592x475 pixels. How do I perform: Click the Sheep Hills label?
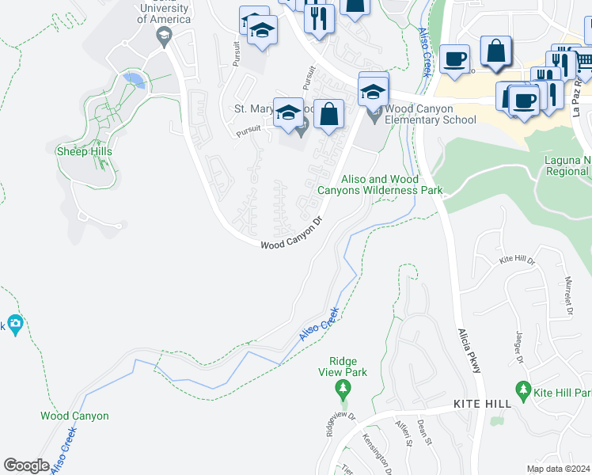click(x=83, y=151)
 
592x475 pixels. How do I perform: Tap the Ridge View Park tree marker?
click(x=342, y=389)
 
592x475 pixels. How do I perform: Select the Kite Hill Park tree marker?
click(x=522, y=390)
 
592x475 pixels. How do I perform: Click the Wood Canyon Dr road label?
click(x=293, y=234)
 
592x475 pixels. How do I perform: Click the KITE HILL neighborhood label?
click(x=482, y=404)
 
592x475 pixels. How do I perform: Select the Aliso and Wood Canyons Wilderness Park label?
click(x=381, y=184)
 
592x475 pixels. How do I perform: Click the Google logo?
click(x=26, y=465)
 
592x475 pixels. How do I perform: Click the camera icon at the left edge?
click(x=14, y=324)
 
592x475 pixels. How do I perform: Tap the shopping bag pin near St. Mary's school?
click(x=328, y=114)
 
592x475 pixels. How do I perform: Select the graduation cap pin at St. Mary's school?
click(x=289, y=114)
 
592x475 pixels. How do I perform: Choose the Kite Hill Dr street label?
click(x=518, y=260)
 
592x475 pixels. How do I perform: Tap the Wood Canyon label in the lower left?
click(x=74, y=416)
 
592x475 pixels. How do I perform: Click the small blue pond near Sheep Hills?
click(x=135, y=80)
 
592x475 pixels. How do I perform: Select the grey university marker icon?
click(x=164, y=35)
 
